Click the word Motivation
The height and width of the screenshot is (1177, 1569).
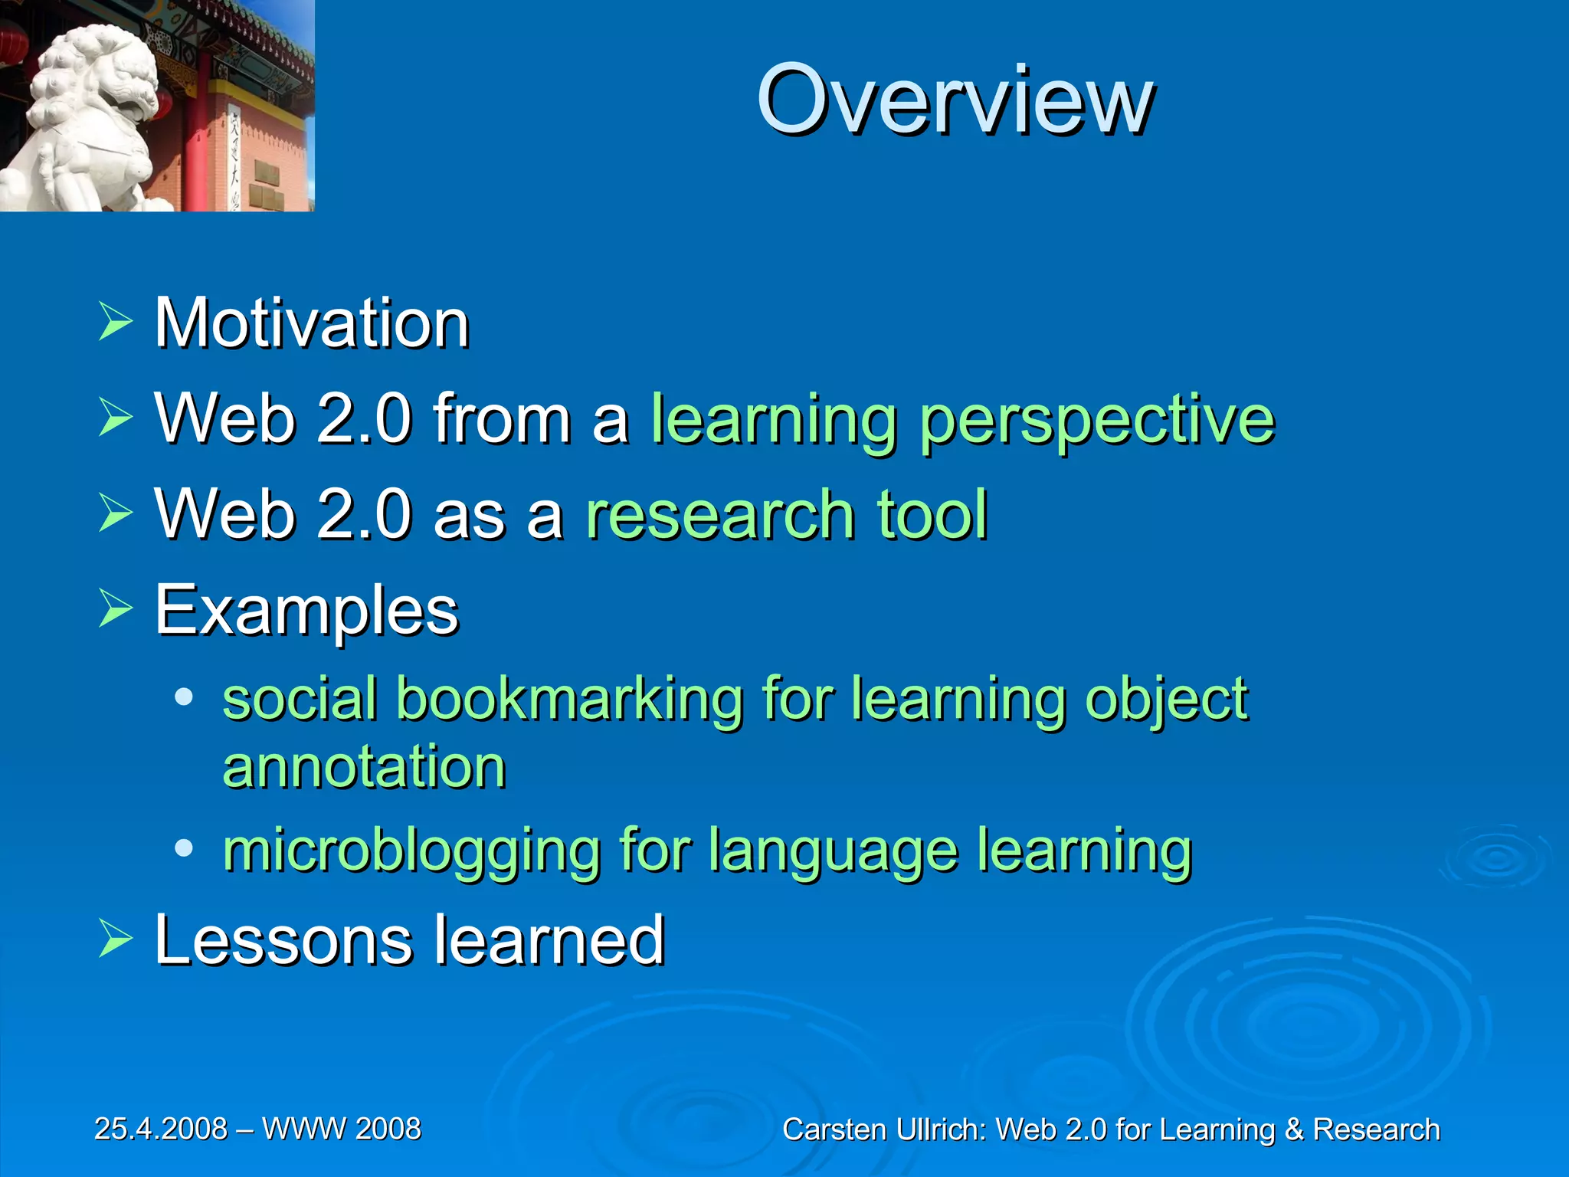click(x=312, y=323)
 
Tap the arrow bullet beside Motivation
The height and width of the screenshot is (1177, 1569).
click(x=116, y=322)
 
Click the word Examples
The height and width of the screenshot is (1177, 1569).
click(x=306, y=611)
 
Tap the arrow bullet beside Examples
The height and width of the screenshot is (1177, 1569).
click(x=116, y=610)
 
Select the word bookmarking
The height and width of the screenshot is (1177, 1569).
click(x=569, y=699)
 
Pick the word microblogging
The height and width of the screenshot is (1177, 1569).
click(x=411, y=851)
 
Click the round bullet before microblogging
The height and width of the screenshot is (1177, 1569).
click(x=184, y=848)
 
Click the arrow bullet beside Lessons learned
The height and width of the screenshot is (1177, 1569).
click(x=116, y=939)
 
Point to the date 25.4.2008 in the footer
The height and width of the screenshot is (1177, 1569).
click(x=161, y=1129)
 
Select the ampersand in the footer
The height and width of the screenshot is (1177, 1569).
click(x=1293, y=1130)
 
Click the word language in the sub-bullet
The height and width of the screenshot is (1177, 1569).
click(x=833, y=851)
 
